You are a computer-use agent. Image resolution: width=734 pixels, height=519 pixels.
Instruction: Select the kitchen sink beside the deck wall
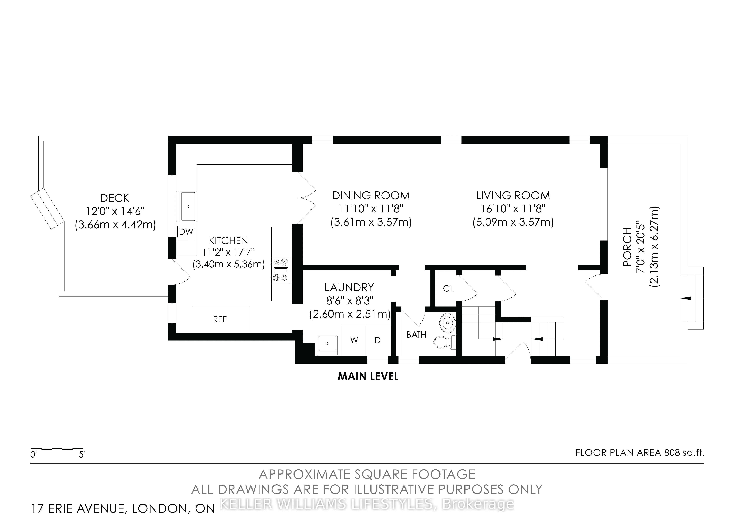(x=188, y=206)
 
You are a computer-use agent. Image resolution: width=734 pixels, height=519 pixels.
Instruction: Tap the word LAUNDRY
(x=349, y=288)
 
